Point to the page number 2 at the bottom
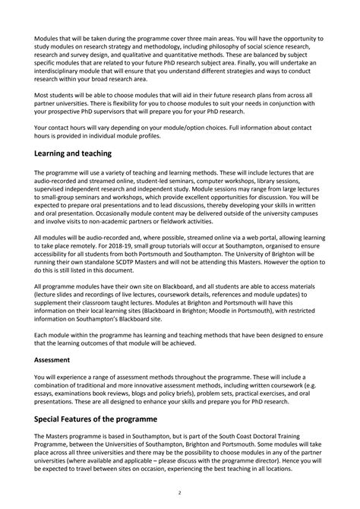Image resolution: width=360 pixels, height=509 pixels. [179, 492]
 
